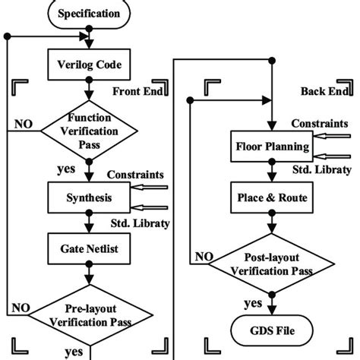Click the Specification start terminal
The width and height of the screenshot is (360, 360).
click(x=90, y=14)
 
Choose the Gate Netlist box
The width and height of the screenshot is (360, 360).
click(x=90, y=249)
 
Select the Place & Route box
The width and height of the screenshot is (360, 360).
click(x=270, y=198)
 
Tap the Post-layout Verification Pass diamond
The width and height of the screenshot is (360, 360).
click(x=270, y=268)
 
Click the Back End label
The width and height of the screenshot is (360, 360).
click(x=323, y=91)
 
